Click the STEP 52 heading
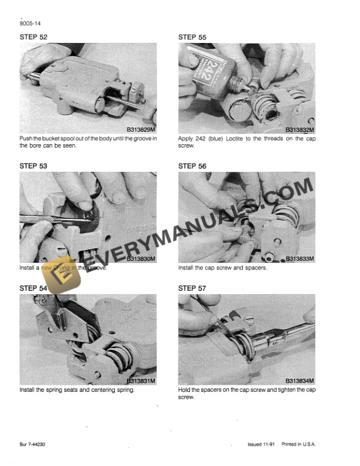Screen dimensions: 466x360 pos(34,37)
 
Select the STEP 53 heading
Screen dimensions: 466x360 pos(34,167)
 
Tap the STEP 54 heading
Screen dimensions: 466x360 pos(34,288)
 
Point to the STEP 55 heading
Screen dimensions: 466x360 pos(192,37)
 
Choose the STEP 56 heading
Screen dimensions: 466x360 pos(192,167)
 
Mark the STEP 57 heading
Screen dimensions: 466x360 pos(192,288)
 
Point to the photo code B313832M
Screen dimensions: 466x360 pos(299,129)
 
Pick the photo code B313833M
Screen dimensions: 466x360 pos(299,259)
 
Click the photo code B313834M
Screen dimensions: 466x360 pos(299,381)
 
